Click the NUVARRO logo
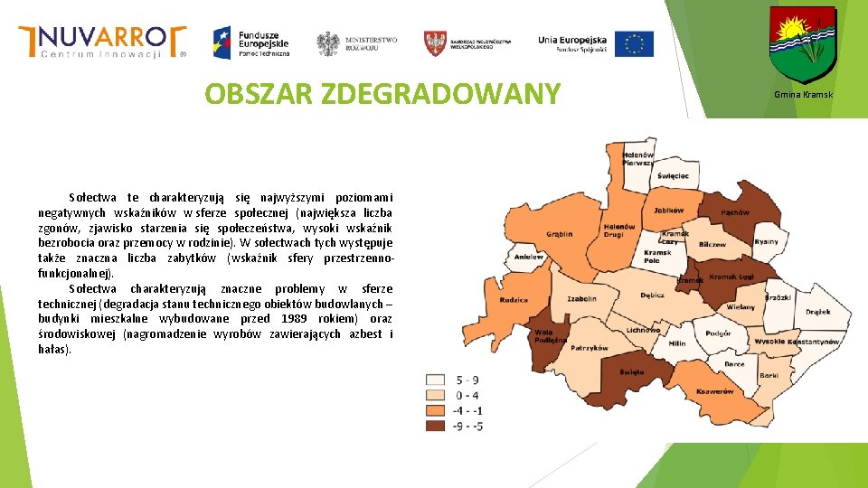[x=102, y=41]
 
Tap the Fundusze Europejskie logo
[x=250, y=42]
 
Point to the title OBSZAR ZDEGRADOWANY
[x=382, y=93]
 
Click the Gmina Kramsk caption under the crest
[x=803, y=95]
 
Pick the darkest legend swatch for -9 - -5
[x=437, y=425]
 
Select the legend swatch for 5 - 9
[x=437, y=380]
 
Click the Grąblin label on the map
[x=560, y=234]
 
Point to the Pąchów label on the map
[x=735, y=212]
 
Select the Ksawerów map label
[x=714, y=391]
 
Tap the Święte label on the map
[x=632, y=371]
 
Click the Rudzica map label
[x=514, y=299]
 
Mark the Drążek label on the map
[x=817, y=312]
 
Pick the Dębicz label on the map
[x=652, y=295]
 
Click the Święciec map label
[x=673, y=175]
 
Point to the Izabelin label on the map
[x=581, y=298]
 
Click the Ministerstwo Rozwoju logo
[x=357, y=43]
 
